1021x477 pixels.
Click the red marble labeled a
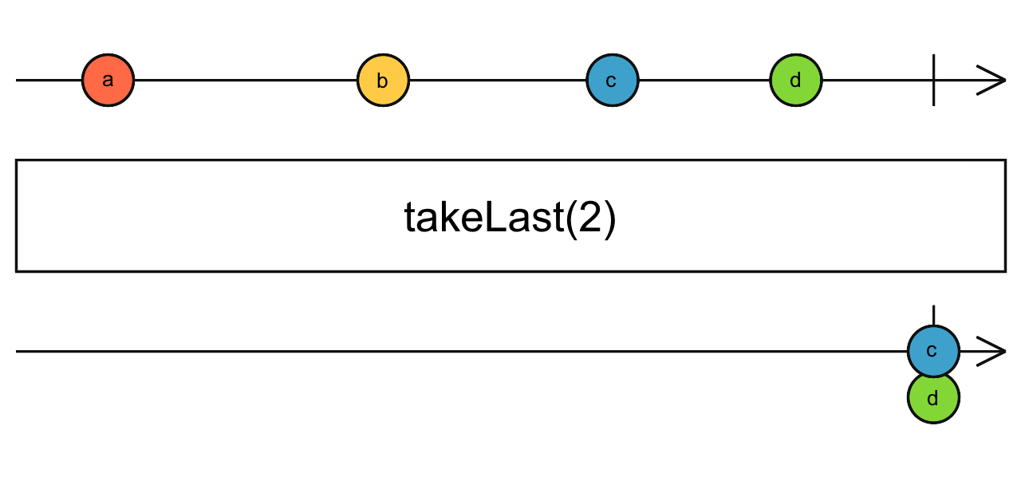[x=108, y=81]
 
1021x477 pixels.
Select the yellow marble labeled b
[x=383, y=81]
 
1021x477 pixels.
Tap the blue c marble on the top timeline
[x=612, y=81]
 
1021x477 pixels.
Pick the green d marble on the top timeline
[x=795, y=81]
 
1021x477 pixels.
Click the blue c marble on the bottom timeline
[x=933, y=351]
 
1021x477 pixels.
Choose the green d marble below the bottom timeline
[x=933, y=397]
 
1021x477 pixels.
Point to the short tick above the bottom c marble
[x=933, y=313]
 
